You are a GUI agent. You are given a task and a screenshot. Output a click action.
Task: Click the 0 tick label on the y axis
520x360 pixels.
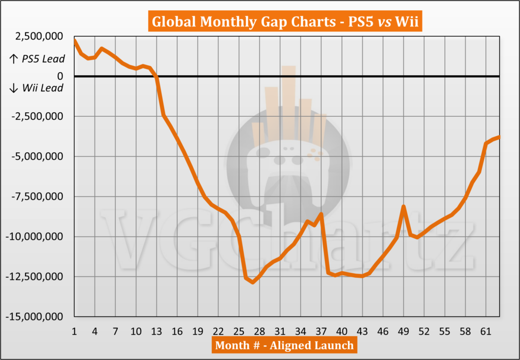pyautogui.click(x=60, y=76)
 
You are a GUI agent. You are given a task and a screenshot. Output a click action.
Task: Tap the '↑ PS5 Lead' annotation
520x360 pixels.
pyautogui.click(x=37, y=59)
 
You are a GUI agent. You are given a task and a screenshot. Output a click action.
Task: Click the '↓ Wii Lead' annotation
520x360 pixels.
pyautogui.click(x=37, y=88)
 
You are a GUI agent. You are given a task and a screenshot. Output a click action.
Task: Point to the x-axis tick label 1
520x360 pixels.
pyautogui.click(x=74, y=332)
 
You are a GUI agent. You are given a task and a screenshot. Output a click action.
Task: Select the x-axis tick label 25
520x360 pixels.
pyautogui.click(x=239, y=332)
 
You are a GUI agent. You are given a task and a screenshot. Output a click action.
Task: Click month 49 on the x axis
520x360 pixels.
pyautogui.click(x=403, y=332)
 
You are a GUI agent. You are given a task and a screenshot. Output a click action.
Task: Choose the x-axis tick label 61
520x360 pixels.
pyautogui.click(x=485, y=332)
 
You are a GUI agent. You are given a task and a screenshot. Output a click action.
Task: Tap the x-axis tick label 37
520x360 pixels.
pyautogui.click(x=321, y=332)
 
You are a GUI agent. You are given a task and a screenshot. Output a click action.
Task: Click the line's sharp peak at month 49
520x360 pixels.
pyautogui.click(x=403, y=206)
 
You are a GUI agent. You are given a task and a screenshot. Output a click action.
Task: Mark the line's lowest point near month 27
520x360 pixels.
pyautogui.click(x=252, y=282)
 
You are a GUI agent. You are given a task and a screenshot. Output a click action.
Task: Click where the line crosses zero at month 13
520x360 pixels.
pyautogui.click(x=156, y=77)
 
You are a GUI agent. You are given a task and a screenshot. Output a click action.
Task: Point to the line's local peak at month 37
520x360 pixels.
pyautogui.click(x=321, y=214)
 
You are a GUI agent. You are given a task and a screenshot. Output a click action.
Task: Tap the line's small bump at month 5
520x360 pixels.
pyautogui.click(x=102, y=49)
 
